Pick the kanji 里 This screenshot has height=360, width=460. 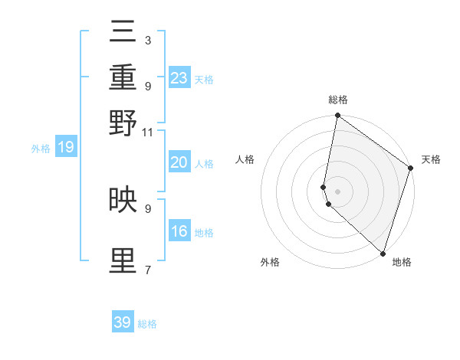[x=123, y=261]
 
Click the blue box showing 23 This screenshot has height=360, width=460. [x=179, y=77]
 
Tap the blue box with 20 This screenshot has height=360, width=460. [x=179, y=162]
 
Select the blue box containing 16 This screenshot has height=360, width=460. [x=179, y=231]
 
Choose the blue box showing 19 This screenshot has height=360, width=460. [x=66, y=147]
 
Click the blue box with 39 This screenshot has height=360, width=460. [x=123, y=322]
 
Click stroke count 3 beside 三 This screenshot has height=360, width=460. [x=147, y=40]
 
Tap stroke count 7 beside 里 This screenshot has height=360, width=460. [x=147, y=270]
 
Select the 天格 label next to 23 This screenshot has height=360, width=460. [x=204, y=80]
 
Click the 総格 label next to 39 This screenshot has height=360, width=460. [x=147, y=325]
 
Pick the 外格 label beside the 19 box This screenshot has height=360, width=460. [x=41, y=149]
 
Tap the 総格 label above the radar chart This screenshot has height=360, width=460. [x=338, y=100]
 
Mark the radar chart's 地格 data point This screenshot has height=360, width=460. [x=383, y=253]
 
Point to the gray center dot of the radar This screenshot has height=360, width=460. [x=338, y=191]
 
